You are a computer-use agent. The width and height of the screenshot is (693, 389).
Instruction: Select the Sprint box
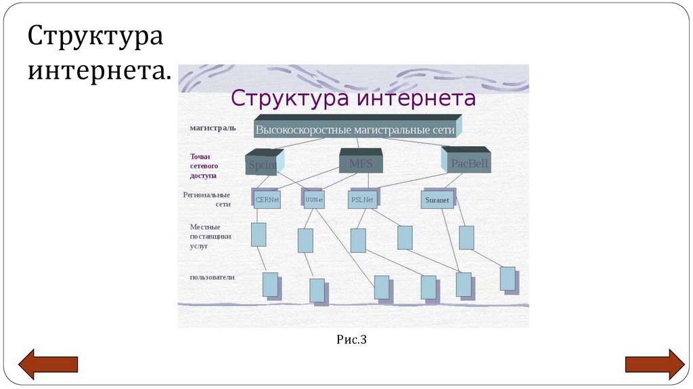(261, 163)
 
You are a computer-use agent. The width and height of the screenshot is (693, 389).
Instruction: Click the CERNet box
(267, 200)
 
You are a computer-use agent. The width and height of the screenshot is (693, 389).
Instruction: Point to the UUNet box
(314, 200)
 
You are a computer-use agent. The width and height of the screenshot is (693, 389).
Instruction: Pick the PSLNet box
(362, 200)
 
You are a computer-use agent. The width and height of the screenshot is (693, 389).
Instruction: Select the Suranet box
(437, 200)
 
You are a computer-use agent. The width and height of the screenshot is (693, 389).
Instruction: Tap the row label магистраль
(213, 127)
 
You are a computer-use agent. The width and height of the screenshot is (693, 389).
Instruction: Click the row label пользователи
(212, 277)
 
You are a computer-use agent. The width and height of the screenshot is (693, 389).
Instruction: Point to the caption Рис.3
(351, 340)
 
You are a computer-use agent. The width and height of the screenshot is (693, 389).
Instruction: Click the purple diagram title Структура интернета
(353, 99)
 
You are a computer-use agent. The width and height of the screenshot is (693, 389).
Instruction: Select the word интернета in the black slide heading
(99, 70)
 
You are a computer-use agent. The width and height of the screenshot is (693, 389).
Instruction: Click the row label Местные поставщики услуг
(210, 236)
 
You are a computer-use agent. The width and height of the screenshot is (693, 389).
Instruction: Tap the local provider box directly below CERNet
(259, 234)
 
